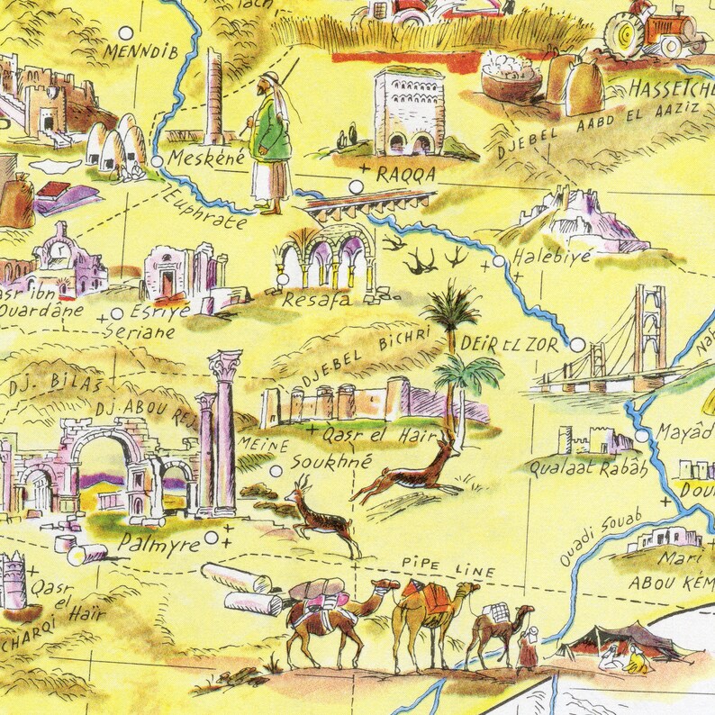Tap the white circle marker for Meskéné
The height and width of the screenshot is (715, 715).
[158, 161]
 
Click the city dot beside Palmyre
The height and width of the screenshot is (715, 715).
[211, 538]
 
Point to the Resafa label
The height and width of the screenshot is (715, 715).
[316, 302]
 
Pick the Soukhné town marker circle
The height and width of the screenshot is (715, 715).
[276, 470]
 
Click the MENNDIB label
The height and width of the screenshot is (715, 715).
[143, 51]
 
